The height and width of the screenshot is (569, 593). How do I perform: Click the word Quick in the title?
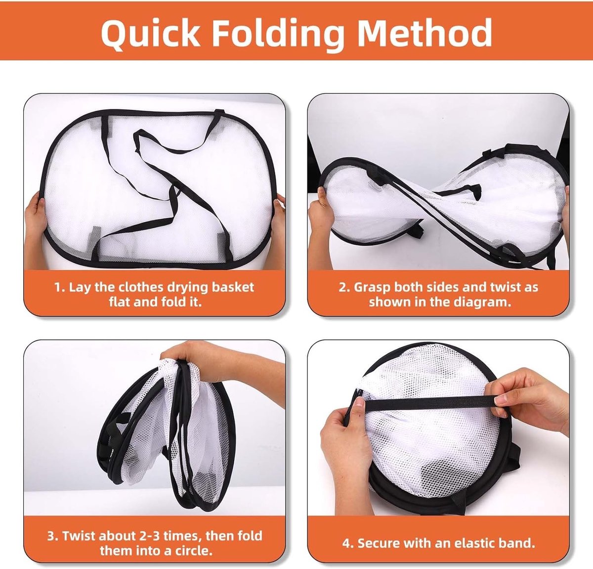[x=151, y=33]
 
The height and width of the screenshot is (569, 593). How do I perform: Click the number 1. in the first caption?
[x=59, y=287]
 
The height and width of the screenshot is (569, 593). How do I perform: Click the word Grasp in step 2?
[x=373, y=287]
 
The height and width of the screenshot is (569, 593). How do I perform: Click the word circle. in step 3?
[x=194, y=551]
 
